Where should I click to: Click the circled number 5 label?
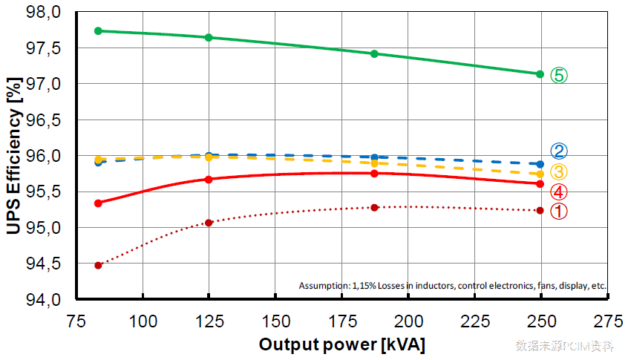(x=559, y=75)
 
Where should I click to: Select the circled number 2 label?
(x=559, y=151)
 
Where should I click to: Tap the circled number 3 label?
(x=559, y=172)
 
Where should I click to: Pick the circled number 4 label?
(x=559, y=192)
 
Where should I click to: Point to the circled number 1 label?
(x=559, y=211)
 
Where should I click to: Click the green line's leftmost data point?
(x=98, y=30)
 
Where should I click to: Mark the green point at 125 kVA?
(x=209, y=37)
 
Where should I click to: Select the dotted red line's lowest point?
(x=98, y=265)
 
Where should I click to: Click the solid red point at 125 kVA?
(x=209, y=179)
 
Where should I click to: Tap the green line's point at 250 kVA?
(x=540, y=73)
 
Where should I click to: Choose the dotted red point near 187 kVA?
(x=374, y=207)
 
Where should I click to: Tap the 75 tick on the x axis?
(x=75, y=321)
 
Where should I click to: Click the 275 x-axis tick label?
(x=607, y=321)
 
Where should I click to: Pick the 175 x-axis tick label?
(x=341, y=321)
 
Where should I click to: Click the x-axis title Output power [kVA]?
(x=341, y=345)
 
